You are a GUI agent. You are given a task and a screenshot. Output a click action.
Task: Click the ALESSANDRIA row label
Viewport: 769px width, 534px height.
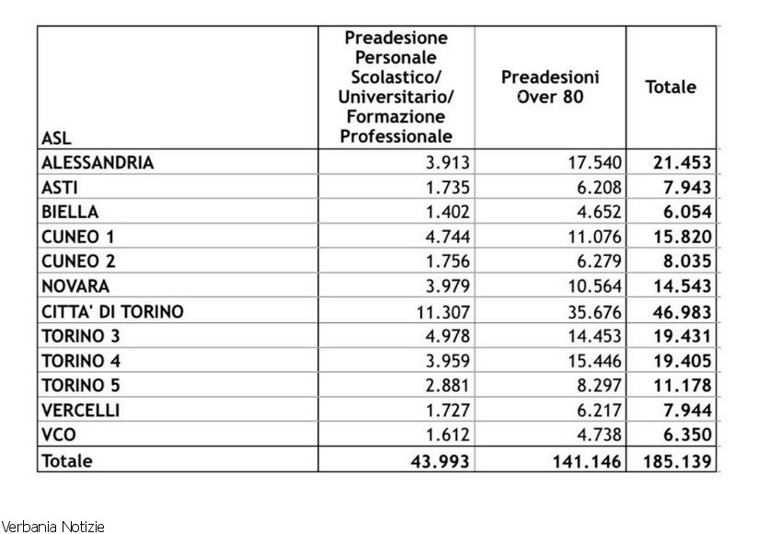(97, 163)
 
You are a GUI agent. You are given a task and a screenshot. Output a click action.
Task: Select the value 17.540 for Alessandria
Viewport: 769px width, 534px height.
(592, 163)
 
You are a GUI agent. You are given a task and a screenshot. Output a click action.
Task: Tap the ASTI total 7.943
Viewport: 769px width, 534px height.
(682, 188)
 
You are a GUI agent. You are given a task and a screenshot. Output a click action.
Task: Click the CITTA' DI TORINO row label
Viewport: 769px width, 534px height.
(112, 312)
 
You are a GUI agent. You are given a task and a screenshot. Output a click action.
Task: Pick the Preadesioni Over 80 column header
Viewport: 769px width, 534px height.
(550, 86)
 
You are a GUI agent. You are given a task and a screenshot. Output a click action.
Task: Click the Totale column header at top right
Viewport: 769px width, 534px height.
(671, 87)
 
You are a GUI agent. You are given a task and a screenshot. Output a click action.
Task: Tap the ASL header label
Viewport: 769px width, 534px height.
(56, 139)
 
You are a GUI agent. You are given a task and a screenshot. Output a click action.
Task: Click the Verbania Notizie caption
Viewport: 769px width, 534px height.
(52, 527)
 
